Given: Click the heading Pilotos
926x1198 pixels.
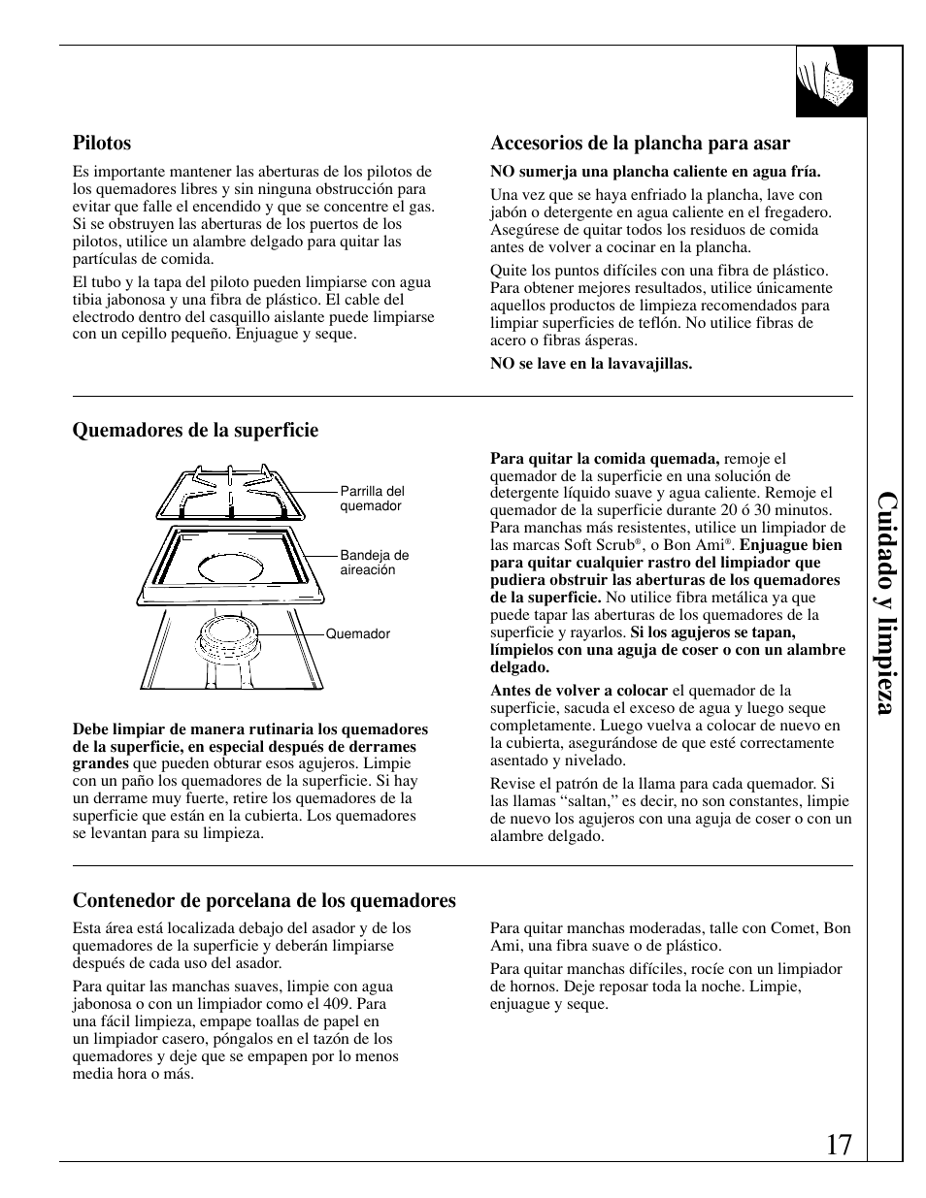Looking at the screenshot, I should (x=102, y=144).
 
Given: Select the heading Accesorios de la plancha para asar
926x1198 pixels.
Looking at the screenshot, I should (x=640, y=144).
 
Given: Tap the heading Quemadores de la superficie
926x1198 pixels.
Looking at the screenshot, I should (x=195, y=430).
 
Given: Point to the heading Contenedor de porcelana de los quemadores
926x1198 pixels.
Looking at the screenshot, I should (x=264, y=901).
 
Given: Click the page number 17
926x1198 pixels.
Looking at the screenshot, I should (x=841, y=1146).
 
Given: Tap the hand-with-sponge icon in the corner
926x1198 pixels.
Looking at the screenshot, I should (x=830, y=81).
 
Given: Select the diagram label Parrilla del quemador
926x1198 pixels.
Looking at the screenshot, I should (x=372, y=499).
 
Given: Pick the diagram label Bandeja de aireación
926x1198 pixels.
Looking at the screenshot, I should (x=374, y=563).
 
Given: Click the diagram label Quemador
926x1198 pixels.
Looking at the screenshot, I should (x=357, y=634).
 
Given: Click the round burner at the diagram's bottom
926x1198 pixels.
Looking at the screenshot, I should (x=231, y=639).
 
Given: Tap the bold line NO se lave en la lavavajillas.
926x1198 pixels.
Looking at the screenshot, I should (x=590, y=364).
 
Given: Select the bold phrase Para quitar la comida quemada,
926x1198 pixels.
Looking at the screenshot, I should (x=605, y=459).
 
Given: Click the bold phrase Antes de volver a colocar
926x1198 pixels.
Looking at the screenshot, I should (x=579, y=691).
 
